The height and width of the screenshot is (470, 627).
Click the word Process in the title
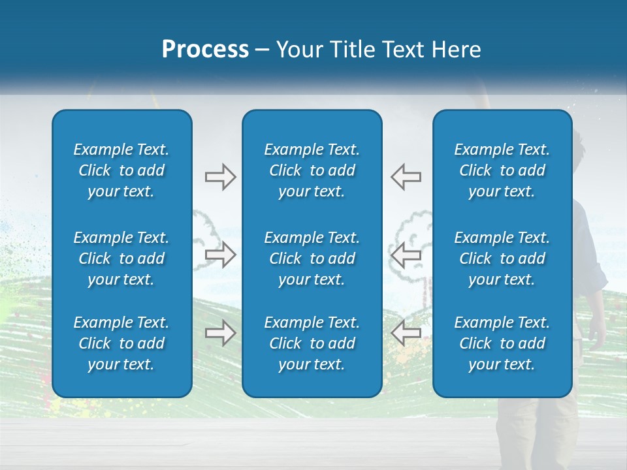tap(205, 50)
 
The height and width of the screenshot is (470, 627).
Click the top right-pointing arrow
tap(220, 177)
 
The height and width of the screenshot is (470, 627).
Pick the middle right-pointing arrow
tap(220, 255)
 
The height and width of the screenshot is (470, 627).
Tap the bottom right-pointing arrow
tap(220, 333)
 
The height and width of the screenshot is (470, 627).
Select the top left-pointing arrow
tap(406, 177)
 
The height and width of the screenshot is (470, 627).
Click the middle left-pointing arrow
tap(406, 255)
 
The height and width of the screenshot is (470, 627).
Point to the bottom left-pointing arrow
tap(406, 333)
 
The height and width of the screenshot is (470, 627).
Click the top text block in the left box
tap(121, 170)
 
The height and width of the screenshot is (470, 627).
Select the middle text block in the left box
tap(121, 258)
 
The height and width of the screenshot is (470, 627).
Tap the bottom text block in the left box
tap(121, 343)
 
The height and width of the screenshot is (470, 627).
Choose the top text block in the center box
tap(312, 170)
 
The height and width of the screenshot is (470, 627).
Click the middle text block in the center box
tap(312, 258)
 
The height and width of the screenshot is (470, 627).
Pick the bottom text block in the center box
tap(312, 343)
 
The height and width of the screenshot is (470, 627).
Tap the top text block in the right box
tap(502, 170)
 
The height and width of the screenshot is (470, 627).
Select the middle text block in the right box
tap(502, 258)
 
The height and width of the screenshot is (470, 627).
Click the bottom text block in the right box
tap(502, 343)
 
